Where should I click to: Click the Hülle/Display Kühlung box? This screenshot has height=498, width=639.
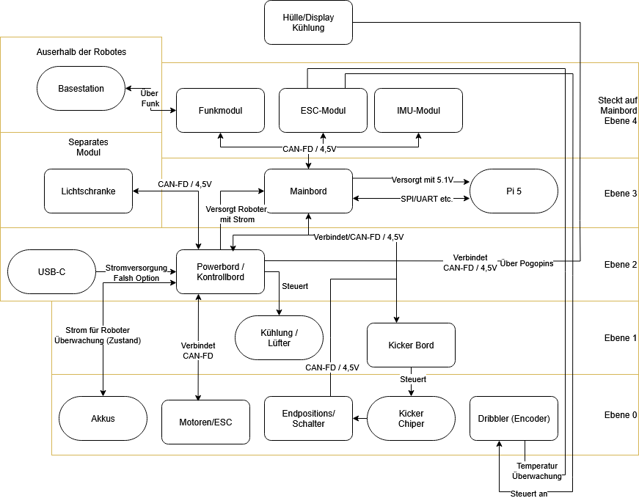tap(308, 22)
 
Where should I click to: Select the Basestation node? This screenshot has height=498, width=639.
tap(81, 89)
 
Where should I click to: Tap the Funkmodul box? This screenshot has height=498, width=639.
tap(220, 111)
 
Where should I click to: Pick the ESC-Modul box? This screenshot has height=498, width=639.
tap(323, 111)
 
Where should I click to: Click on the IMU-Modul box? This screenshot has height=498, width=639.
tap(418, 111)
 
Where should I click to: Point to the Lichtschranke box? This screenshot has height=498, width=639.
tap(88, 191)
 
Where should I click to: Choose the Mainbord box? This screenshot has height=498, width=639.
tap(308, 191)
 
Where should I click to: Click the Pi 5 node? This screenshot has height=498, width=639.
tap(514, 191)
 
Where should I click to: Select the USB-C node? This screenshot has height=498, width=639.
tap(51, 272)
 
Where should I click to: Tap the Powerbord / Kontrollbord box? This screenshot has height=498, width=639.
tap(220, 271)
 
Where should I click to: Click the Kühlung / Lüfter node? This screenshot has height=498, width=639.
tap(279, 338)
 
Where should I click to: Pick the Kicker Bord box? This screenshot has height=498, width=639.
tap(411, 345)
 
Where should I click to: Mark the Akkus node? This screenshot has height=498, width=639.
tap(103, 419)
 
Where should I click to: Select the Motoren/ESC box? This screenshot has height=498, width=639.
tap(205, 422)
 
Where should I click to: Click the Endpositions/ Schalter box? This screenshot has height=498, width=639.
tap(308, 419)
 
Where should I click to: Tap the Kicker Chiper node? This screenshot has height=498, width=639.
tap(411, 419)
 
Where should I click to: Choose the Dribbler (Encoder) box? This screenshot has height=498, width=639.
tap(514, 419)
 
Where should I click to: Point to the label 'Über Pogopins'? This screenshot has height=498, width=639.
tap(527, 263)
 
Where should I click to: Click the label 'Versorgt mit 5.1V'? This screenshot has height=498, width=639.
tap(423, 180)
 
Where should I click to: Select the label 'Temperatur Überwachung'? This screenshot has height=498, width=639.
tap(536, 471)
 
